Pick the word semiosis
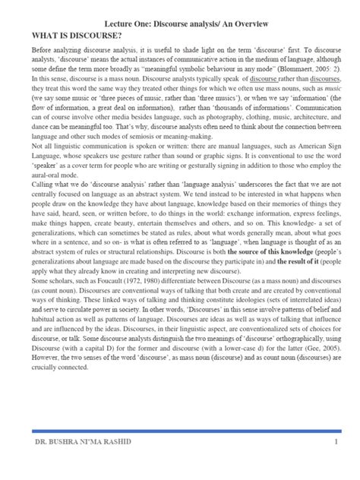156,138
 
